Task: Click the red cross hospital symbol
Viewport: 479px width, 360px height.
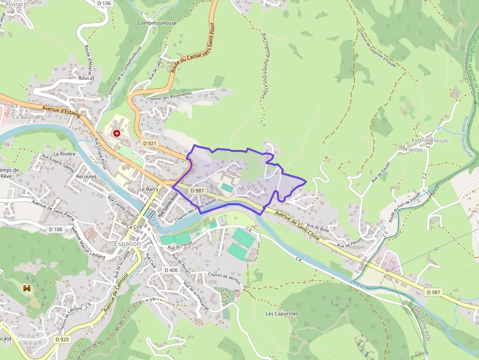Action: point(116,133)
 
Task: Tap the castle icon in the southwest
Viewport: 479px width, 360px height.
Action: point(26,288)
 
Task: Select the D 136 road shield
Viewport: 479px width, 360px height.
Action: point(104,3)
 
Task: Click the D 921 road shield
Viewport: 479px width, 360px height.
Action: point(150,144)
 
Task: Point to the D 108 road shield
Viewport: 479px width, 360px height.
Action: point(56,229)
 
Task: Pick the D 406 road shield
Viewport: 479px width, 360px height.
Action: point(171,270)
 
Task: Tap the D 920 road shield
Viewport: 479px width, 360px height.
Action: point(62,339)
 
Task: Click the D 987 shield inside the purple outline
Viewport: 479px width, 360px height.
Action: point(197,191)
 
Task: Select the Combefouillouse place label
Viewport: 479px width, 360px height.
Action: point(157,23)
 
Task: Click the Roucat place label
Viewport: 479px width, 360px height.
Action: point(86,78)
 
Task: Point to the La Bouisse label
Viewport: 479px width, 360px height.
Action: point(26,117)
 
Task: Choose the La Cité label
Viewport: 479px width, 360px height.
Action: point(134,227)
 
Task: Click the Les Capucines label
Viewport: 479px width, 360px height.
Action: point(282,314)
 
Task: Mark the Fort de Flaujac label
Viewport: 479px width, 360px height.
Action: point(426,141)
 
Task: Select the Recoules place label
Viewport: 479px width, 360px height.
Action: point(87,176)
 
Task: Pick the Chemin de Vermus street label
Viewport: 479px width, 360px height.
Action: point(225,277)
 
